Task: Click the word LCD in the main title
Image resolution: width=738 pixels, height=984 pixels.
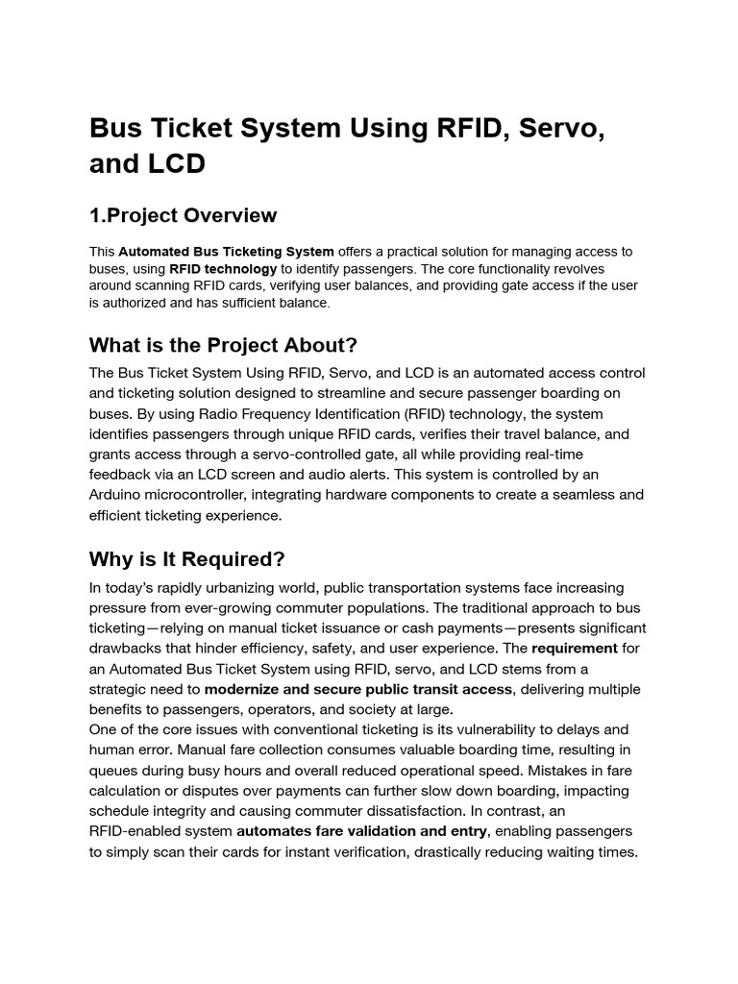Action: tap(174, 163)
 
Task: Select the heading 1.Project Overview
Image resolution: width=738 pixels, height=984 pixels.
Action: tap(183, 215)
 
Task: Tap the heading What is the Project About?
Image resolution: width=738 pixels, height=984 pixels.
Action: tap(223, 344)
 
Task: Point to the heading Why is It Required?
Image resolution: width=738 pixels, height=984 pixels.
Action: tap(187, 558)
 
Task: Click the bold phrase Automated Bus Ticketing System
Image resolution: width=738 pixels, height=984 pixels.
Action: tap(226, 252)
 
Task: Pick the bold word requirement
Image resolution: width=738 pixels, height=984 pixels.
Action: tap(573, 649)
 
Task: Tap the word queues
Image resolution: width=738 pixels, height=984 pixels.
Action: tap(117, 771)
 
